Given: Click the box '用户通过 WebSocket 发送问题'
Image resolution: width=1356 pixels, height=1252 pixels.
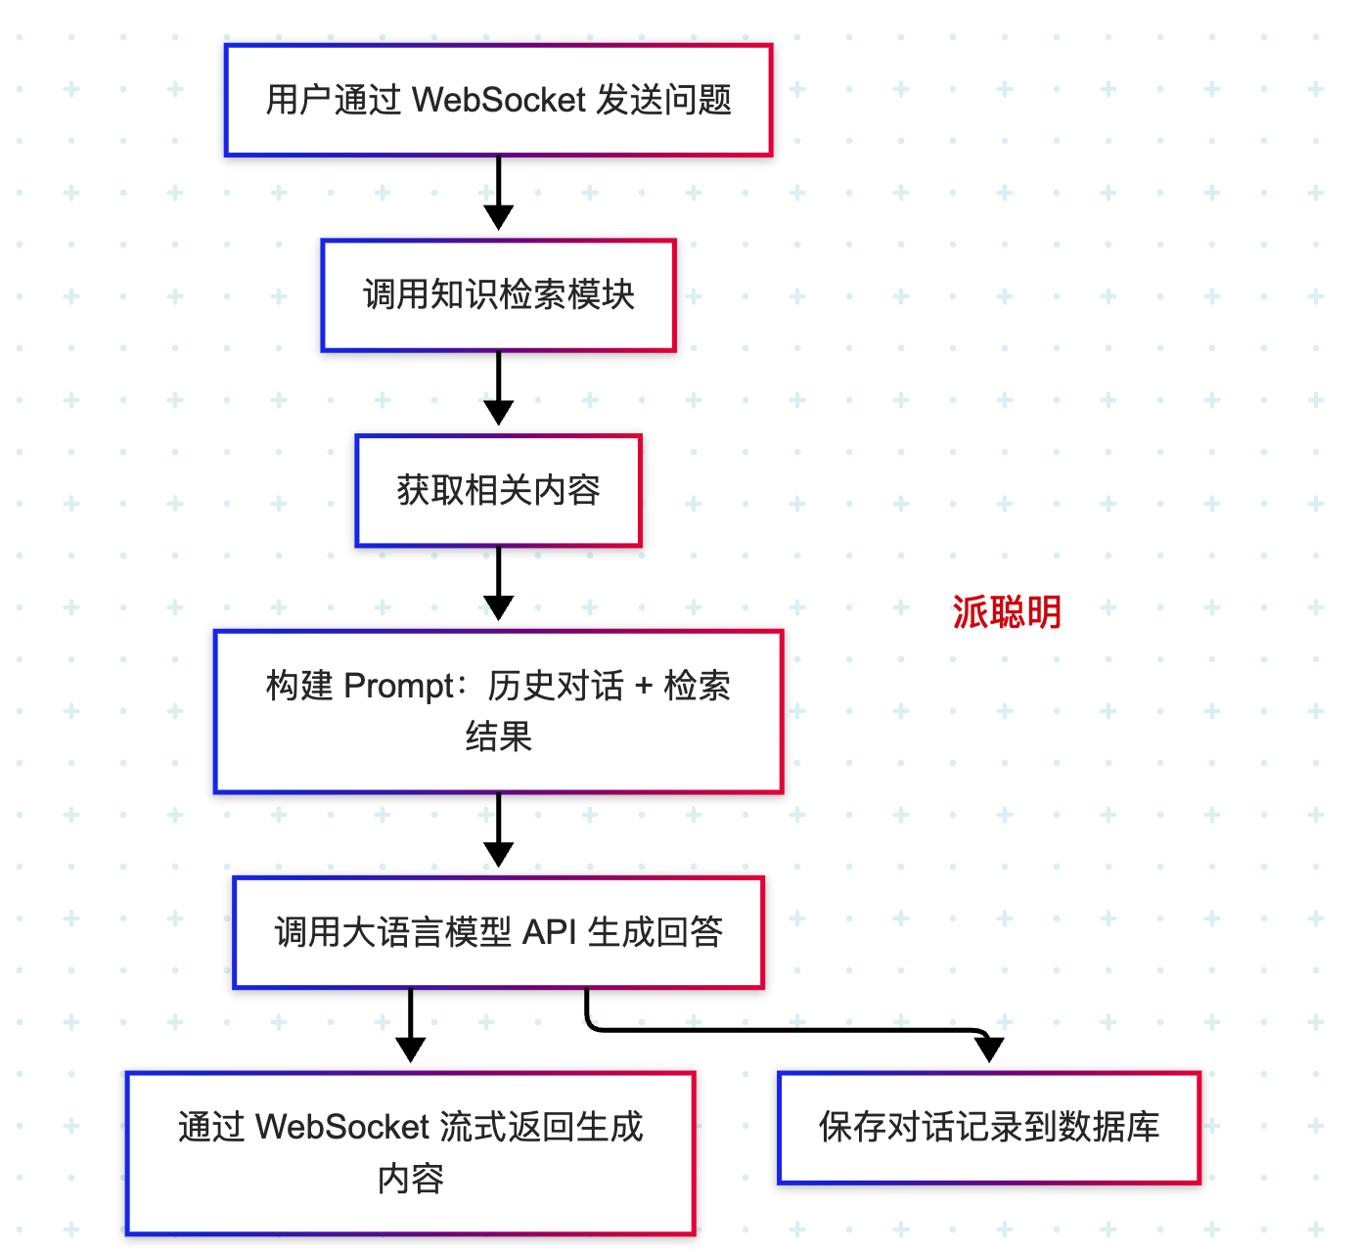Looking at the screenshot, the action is coord(498,101).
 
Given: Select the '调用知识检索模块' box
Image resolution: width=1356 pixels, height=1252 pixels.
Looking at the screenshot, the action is coord(498,295).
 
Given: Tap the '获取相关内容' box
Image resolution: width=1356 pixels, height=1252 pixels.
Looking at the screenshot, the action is coord(498,491).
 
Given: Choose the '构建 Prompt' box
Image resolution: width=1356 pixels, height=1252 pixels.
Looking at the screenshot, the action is coord(498,711).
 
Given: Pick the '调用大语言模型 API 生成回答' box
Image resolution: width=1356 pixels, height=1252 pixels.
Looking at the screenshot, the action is coord(498,932).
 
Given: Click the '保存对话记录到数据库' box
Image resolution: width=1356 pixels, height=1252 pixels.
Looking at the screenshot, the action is coord(989,1128).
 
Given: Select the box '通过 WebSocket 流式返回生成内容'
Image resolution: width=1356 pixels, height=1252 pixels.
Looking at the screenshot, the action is coord(410,1153).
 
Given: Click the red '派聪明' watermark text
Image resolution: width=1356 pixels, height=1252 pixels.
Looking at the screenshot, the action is coord(1007,611).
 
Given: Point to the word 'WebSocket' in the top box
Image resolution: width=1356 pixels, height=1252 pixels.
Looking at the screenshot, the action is coord(498,100).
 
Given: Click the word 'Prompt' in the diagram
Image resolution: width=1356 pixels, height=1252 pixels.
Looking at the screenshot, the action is coord(399,686).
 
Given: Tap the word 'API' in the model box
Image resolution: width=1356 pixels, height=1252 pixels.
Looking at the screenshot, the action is coord(549,932).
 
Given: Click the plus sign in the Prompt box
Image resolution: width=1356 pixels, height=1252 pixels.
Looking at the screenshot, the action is coord(643,686).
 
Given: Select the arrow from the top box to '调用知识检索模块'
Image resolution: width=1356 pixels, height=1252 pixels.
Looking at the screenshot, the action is coord(498,194).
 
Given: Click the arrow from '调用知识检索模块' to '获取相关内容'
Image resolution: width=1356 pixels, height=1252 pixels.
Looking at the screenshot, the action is coord(498,388).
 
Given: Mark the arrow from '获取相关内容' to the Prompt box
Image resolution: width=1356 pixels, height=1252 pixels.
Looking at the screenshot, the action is coord(498,584).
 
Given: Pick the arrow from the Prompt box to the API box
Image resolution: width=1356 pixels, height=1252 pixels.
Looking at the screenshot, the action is coord(498,830).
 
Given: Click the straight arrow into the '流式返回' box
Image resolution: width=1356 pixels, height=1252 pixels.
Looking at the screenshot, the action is coord(410,1026).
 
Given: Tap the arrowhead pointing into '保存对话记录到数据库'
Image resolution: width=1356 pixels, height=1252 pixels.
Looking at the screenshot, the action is coord(989,1050).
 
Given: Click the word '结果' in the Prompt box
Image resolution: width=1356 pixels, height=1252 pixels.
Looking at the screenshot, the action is coord(498,737).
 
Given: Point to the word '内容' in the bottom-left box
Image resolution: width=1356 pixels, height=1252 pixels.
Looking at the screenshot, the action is coord(410,1179).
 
